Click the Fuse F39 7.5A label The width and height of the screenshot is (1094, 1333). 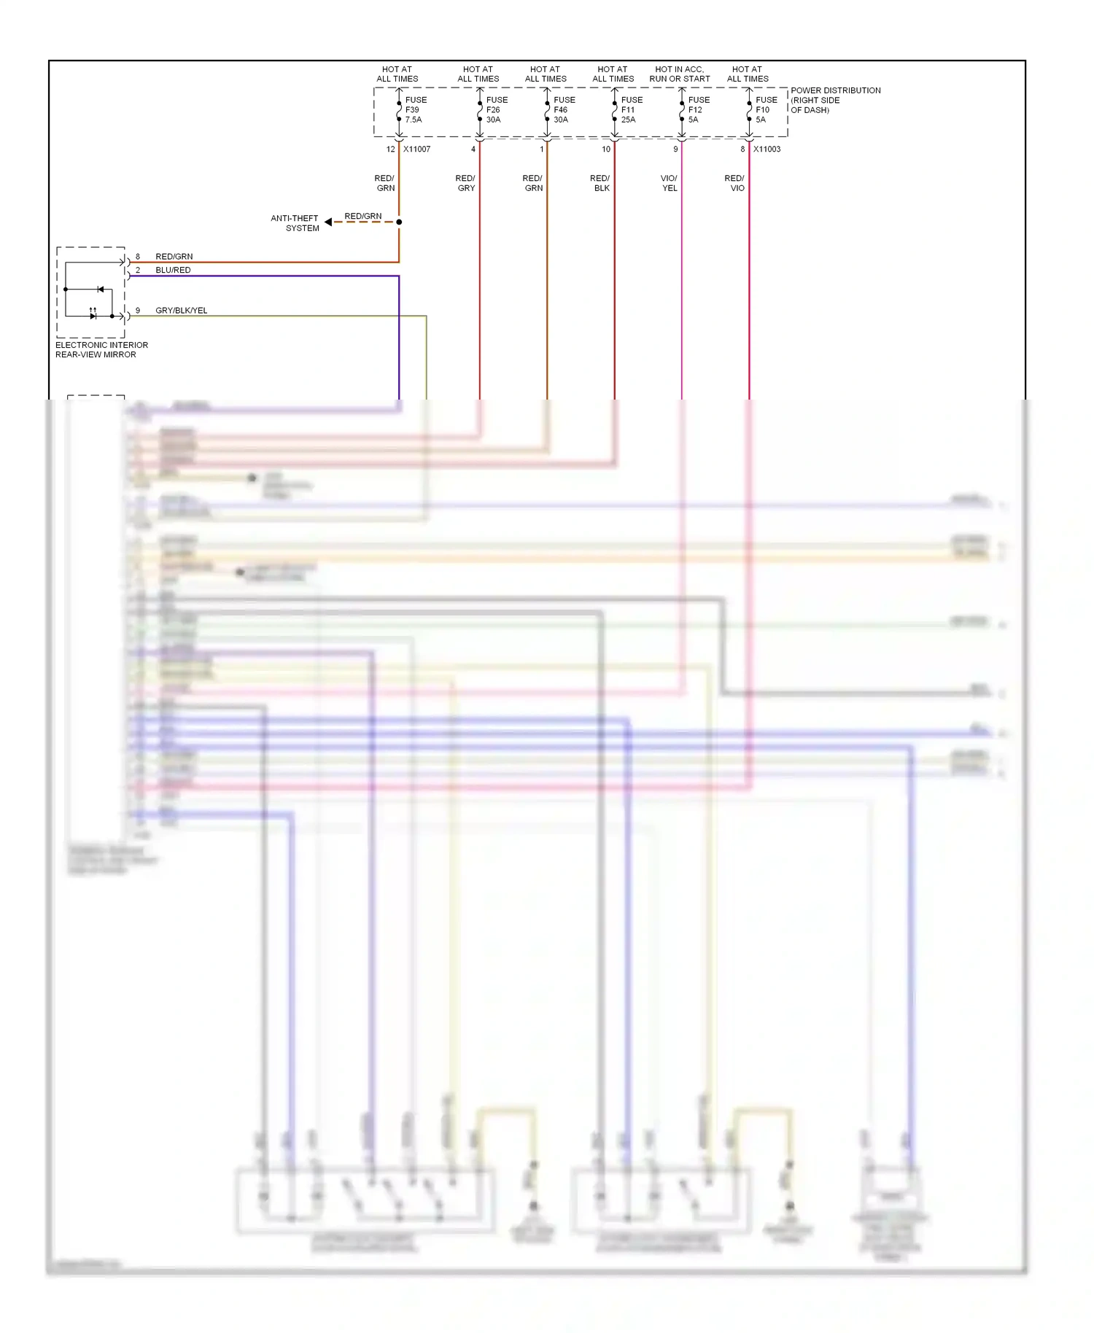415,109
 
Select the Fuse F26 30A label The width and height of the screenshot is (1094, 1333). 496,109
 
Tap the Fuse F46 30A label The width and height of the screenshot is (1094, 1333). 564,109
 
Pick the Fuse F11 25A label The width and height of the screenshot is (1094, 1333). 632,109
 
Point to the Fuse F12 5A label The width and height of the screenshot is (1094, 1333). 698,109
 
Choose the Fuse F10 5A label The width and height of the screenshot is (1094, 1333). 766,109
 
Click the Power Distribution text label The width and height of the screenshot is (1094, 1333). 835,100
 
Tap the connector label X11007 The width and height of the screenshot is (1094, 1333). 416,149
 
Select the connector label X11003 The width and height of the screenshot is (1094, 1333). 767,149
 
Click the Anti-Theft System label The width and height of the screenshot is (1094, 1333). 295,223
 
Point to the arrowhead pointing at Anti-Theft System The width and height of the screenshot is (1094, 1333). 328,222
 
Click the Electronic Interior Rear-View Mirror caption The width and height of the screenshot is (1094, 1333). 101,350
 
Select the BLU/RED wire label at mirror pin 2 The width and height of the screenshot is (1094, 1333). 173,270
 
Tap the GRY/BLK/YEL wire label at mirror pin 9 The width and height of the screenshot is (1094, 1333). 181,311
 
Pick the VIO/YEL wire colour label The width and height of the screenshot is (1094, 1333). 669,183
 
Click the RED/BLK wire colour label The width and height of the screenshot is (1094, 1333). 600,183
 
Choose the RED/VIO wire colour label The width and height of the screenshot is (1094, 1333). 735,183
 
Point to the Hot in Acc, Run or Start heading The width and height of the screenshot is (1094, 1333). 679,74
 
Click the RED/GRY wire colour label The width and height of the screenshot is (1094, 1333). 465,183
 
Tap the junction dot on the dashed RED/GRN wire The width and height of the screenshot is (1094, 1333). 399,222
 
